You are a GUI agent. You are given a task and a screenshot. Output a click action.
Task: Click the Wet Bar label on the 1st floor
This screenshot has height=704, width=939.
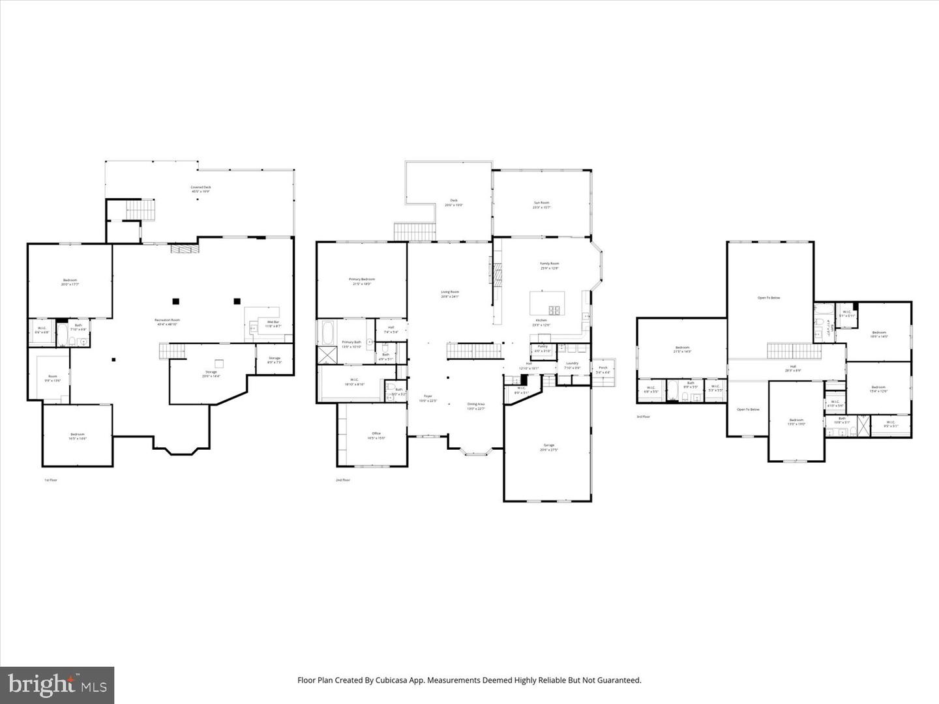click(x=273, y=322)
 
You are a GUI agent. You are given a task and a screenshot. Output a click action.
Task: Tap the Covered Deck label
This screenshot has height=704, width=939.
click(x=201, y=187)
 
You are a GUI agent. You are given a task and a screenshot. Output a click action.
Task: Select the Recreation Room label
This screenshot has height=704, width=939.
click(x=167, y=320)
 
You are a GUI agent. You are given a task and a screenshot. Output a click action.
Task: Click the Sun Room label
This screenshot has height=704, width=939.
click(x=542, y=203)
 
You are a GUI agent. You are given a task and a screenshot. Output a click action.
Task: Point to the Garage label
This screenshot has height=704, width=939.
click(x=547, y=445)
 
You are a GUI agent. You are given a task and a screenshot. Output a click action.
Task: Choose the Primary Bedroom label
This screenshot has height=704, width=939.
click(x=362, y=279)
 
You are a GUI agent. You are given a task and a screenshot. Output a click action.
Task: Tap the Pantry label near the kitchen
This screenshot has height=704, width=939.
click(x=543, y=346)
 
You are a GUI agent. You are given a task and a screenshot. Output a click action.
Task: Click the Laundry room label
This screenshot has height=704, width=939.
click(x=572, y=363)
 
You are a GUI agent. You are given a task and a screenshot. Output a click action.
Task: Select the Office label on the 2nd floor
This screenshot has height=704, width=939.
click(x=376, y=433)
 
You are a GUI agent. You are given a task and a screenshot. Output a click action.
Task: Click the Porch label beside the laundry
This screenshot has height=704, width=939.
click(x=603, y=368)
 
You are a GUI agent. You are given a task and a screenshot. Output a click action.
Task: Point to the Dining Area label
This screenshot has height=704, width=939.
click(x=476, y=404)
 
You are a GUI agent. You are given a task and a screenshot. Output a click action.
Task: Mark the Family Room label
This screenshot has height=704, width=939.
click(x=550, y=263)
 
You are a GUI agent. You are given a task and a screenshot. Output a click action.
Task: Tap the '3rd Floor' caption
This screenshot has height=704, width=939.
click(x=644, y=417)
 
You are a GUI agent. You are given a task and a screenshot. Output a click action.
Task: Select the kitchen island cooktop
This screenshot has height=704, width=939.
click(x=555, y=310)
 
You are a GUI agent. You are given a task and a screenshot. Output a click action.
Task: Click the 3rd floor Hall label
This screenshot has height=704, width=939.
click(x=793, y=366)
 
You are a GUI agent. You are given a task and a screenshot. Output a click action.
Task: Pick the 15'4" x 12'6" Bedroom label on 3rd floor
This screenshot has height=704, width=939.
click(x=878, y=387)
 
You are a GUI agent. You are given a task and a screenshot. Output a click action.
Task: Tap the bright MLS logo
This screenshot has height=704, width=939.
click(x=57, y=685)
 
